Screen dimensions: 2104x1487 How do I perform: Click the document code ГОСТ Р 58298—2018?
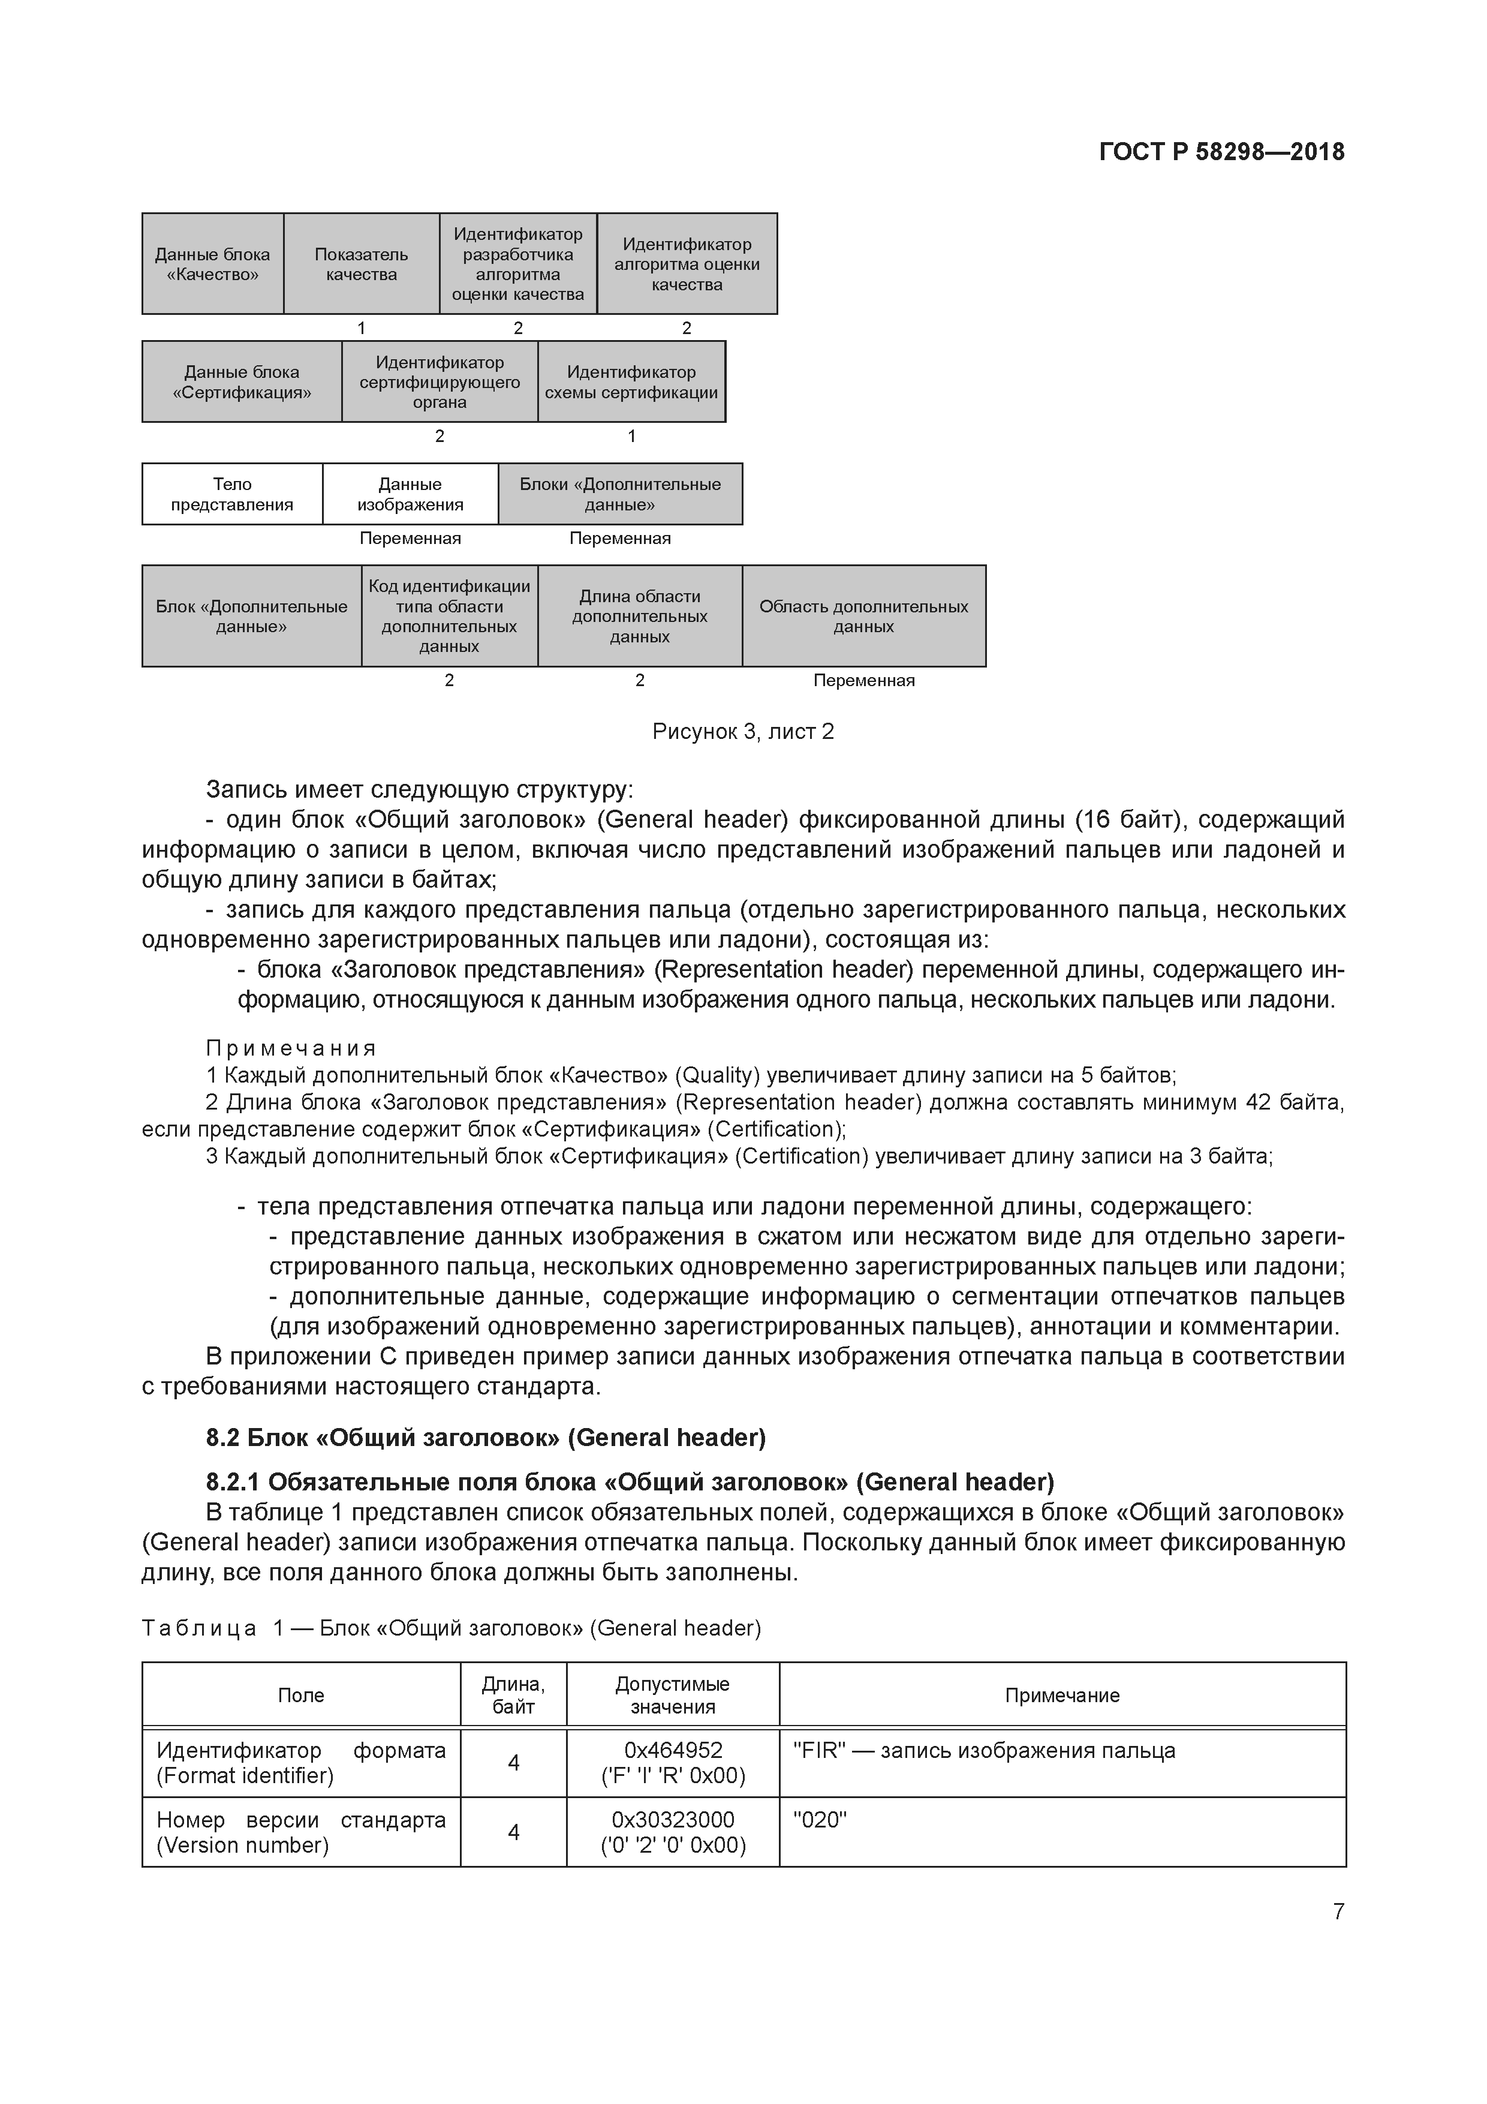pyautogui.click(x=1221, y=152)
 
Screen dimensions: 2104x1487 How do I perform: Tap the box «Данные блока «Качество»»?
pyautogui.click(x=213, y=264)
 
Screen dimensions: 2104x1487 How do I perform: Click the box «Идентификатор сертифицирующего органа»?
pyautogui.click(x=439, y=382)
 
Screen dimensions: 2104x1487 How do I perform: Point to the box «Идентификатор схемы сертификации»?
pyautogui.click(x=631, y=382)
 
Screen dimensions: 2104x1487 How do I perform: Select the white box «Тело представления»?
pyautogui.click(x=232, y=494)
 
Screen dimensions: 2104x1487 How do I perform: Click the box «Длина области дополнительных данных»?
pyautogui.click(x=640, y=616)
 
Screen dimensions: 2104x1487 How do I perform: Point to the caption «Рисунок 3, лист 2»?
pyautogui.click(x=743, y=731)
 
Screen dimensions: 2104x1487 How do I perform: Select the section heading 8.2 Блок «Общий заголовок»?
pyautogui.click(x=486, y=1437)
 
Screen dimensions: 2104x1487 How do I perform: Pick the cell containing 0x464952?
pyautogui.click(x=673, y=1762)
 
